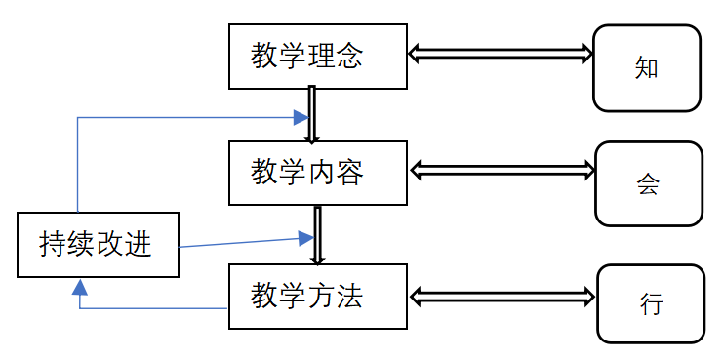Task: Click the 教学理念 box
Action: coord(316,56)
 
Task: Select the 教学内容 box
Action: coord(316,173)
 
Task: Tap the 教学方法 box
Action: coord(316,296)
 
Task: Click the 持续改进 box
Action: coord(98,244)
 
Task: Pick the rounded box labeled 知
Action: coord(647,68)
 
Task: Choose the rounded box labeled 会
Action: coord(648,183)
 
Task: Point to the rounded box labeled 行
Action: coord(650,303)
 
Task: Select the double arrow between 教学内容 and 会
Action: coord(502,170)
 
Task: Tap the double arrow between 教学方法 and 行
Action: coord(502,295)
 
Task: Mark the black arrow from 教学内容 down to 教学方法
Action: coord(316,234)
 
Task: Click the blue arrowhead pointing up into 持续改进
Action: coord(79,286)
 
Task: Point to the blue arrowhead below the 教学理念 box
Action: coord(300,118)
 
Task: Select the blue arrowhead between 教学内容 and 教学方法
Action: coord(304,237)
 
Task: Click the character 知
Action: coord(647,68)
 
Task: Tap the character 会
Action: coord(648,183)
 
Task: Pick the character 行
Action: coord(651,303)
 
